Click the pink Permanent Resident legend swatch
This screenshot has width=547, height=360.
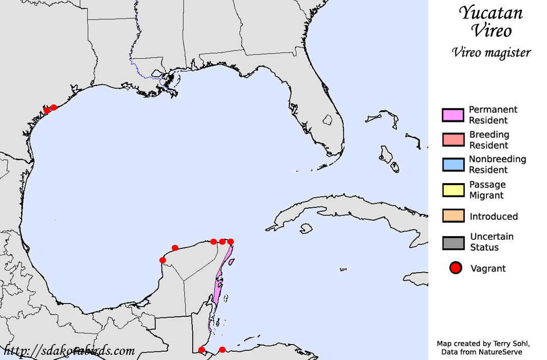pyautogui.click(x=452, y=115)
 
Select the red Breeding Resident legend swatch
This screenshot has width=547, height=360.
pyautogui.click(x=452, y=139)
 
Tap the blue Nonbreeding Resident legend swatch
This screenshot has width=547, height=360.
pyautogui.click(x=452, y=164)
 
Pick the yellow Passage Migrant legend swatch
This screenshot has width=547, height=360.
pyautogui.click(x=452, y=189)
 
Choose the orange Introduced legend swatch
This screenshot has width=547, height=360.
pyautogui.click(x=452, y=216)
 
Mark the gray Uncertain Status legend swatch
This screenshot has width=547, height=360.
pyautogui.click(x=452, y=242)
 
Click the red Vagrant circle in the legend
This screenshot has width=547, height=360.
pyautogui.click(x=455, y=268)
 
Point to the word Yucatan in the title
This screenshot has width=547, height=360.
pyautogui.click(x=491, y=13)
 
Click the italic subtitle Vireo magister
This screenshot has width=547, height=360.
pyautogui.click(x=491, y=52)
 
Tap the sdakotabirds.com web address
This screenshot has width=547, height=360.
pyautogui.click(x=69, y=351)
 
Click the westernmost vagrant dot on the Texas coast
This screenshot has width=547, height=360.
pyautogui.click(x=47, y=110)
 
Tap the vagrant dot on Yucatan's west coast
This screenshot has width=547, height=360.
pyautogui.click(x=162, y=260)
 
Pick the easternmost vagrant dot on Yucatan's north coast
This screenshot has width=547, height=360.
pyautogui.click(x=230, y=242)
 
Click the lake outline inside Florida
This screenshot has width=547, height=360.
pyautogui.click(x=327, y=120)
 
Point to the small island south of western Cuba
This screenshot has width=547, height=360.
pyautogui.click(x=307, y=228)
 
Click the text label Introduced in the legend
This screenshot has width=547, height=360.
pyautogui.click(x=493, y=217)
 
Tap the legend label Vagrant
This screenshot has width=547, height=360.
pyautogui.click(x=488, y=268)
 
